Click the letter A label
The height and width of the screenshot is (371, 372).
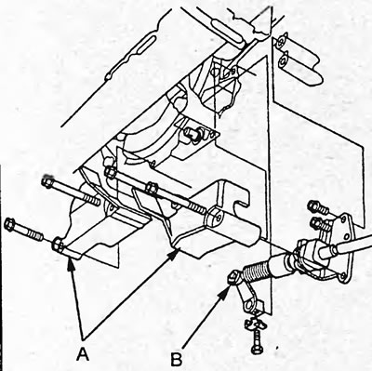[83, 354]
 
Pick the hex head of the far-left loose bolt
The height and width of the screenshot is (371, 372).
[10, 224]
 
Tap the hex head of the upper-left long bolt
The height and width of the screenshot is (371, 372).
[47, 181]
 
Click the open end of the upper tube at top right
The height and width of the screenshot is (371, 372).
[281, 42]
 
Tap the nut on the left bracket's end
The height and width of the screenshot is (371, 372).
[58, 245]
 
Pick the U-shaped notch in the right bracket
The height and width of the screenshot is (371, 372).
[241, 205]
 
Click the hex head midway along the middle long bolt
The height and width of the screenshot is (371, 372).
[152, 189]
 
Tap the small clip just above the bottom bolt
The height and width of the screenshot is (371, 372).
[255, 324]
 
